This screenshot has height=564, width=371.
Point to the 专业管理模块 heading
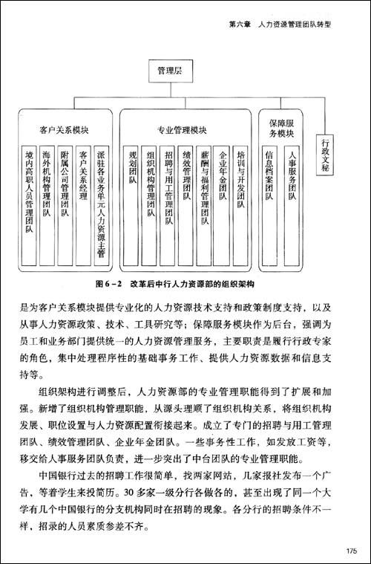182,129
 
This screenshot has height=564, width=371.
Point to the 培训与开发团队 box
240,174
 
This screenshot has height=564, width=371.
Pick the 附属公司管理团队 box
65,182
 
